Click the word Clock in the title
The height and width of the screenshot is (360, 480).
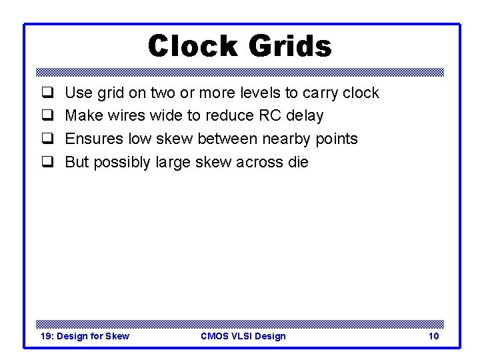click(193, 46)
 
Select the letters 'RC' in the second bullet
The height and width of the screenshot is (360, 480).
click(261, 116)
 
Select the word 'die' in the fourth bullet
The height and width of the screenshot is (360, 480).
click(298, 162)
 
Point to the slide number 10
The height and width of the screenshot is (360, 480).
click(433, 336)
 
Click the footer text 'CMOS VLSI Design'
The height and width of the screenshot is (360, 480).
click(243, 336)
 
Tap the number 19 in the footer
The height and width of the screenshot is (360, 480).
click(46, 336)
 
